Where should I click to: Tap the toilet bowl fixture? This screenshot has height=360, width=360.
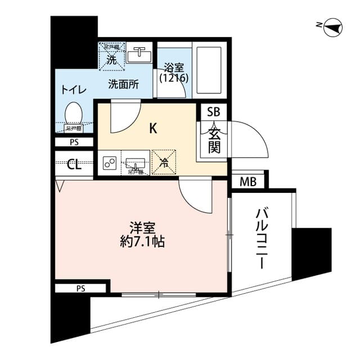[74, 115]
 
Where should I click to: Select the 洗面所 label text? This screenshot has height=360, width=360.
[123, 84]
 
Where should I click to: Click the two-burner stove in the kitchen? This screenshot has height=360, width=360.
[110, 164]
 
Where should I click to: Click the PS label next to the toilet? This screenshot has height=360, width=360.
[74, 142]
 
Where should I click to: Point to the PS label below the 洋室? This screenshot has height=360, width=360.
[80, 289]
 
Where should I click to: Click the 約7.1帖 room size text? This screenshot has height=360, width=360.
[142, 242]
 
